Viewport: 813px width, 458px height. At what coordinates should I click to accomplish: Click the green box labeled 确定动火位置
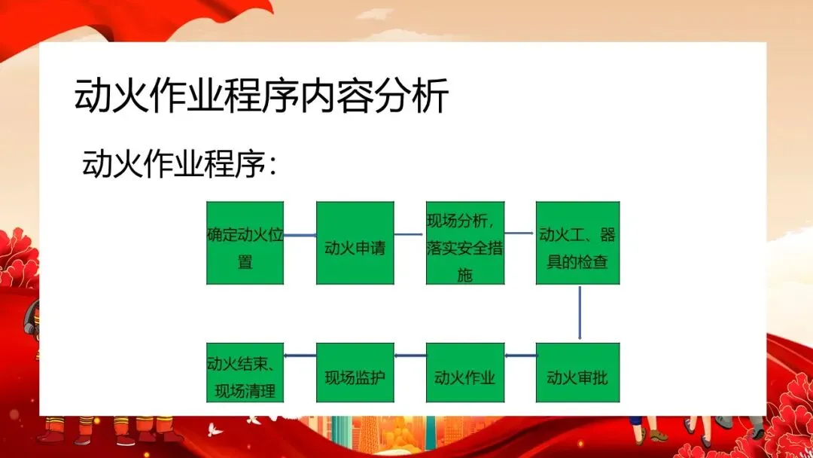click(245, 243)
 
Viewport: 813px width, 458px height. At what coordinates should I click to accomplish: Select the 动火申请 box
click(355, 243)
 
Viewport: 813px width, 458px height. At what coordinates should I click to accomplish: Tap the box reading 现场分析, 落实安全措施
click(464, 243)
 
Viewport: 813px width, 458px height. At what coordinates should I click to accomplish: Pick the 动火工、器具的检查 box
click(577, 243)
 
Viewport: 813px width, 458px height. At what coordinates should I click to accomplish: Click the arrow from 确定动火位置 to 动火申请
click(300, 235)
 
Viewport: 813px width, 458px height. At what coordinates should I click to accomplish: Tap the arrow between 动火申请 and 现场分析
click(410, 234)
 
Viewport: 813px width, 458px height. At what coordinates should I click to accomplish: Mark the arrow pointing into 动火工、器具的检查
click(519, 234)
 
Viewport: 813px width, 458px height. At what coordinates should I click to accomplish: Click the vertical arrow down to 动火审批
click(580, 313)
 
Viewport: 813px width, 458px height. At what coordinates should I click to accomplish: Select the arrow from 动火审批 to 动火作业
click(519, 355)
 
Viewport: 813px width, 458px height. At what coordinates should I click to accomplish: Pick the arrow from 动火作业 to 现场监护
click(410, 355)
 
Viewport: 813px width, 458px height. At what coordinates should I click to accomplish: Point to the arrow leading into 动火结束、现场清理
click(300, 355)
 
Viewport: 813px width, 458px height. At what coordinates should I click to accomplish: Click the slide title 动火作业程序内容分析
click(261, 96)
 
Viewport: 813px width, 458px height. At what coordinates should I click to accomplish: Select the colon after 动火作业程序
click(273, 166)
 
